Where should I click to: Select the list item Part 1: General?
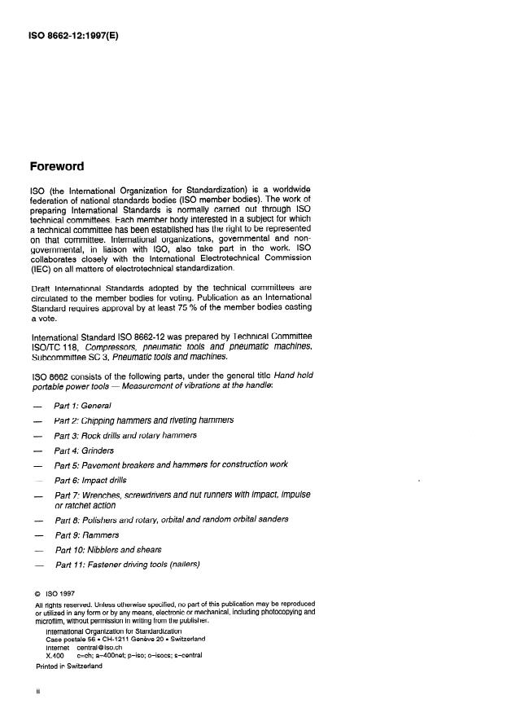point(82,405)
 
